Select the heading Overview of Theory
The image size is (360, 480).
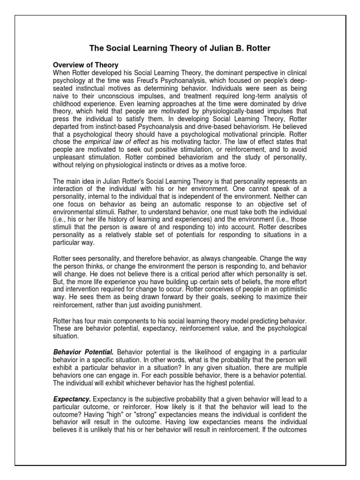click(x=86, y=65)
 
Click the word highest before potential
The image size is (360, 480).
click(x=204, y=382)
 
